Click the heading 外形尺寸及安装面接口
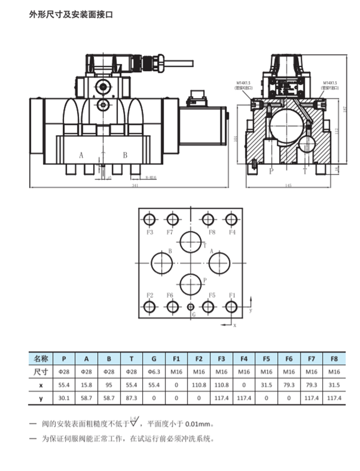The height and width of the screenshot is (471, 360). click(71, 15)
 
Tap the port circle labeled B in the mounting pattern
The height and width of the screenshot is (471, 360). click(162, 262)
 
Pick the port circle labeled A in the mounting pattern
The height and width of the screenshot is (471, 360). click(220, 262)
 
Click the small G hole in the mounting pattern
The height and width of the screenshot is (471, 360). click(190, 307)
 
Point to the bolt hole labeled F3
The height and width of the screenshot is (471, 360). click(149, 220)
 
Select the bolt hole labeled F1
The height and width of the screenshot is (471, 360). click(232, 307)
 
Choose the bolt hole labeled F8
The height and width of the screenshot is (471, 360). click(208, 220)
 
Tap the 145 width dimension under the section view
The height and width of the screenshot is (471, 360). click(288, 186)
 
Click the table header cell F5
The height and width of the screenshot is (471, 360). click(266, 359)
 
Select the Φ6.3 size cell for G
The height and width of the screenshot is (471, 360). click(154, 372)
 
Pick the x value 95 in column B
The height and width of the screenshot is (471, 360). click(109, 385)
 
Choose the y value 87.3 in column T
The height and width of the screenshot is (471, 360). click(131, 398)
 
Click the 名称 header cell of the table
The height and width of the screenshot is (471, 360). click(41, 359)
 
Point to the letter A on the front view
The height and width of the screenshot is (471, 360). click(81, 155)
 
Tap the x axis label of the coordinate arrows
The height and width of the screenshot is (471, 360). click(234, 325)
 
